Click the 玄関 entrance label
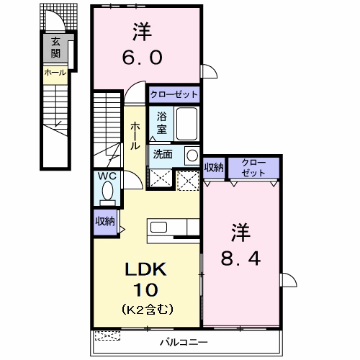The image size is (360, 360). click(x=55, y=48)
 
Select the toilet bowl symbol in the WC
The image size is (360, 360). click(x=108, y=192)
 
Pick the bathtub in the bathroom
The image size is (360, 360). click(x=186, y=124)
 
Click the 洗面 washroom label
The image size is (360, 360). click(x=162, y=153)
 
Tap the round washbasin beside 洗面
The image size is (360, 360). click(x=192, y=155)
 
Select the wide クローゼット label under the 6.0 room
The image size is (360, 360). click(x=174, y=94)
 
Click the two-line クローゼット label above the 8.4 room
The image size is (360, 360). click(x=253, y=167)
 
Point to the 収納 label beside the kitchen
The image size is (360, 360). click(x=105, y=222)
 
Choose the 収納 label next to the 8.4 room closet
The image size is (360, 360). click(x=214, y=167)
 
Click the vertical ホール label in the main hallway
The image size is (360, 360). click(x=135, y=135)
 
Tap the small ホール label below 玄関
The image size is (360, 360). click(x=55, y=73)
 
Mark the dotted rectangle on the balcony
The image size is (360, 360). click(x=109, y=335)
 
